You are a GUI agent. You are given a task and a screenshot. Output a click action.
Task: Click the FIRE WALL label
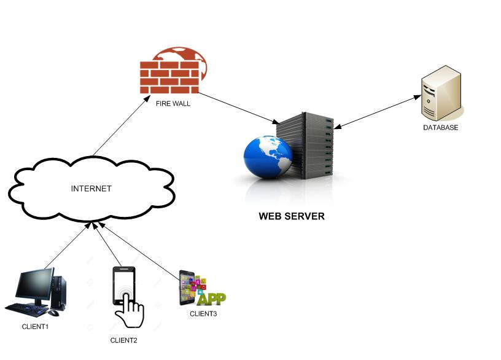[173, 104]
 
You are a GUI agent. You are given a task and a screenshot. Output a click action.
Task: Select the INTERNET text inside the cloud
[91, 189]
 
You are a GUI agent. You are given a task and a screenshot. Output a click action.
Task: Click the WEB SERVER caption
[291, 216]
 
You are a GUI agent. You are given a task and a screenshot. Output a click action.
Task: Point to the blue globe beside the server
[266, 157]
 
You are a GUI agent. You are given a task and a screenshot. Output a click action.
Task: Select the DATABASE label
[440, 128]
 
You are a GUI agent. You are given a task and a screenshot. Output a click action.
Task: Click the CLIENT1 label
[35, 326]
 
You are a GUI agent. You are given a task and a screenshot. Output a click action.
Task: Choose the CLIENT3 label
[203, 314]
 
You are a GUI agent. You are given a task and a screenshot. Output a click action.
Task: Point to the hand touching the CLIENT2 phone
[130, 311]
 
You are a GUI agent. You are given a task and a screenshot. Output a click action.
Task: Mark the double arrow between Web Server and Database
[376, 112]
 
